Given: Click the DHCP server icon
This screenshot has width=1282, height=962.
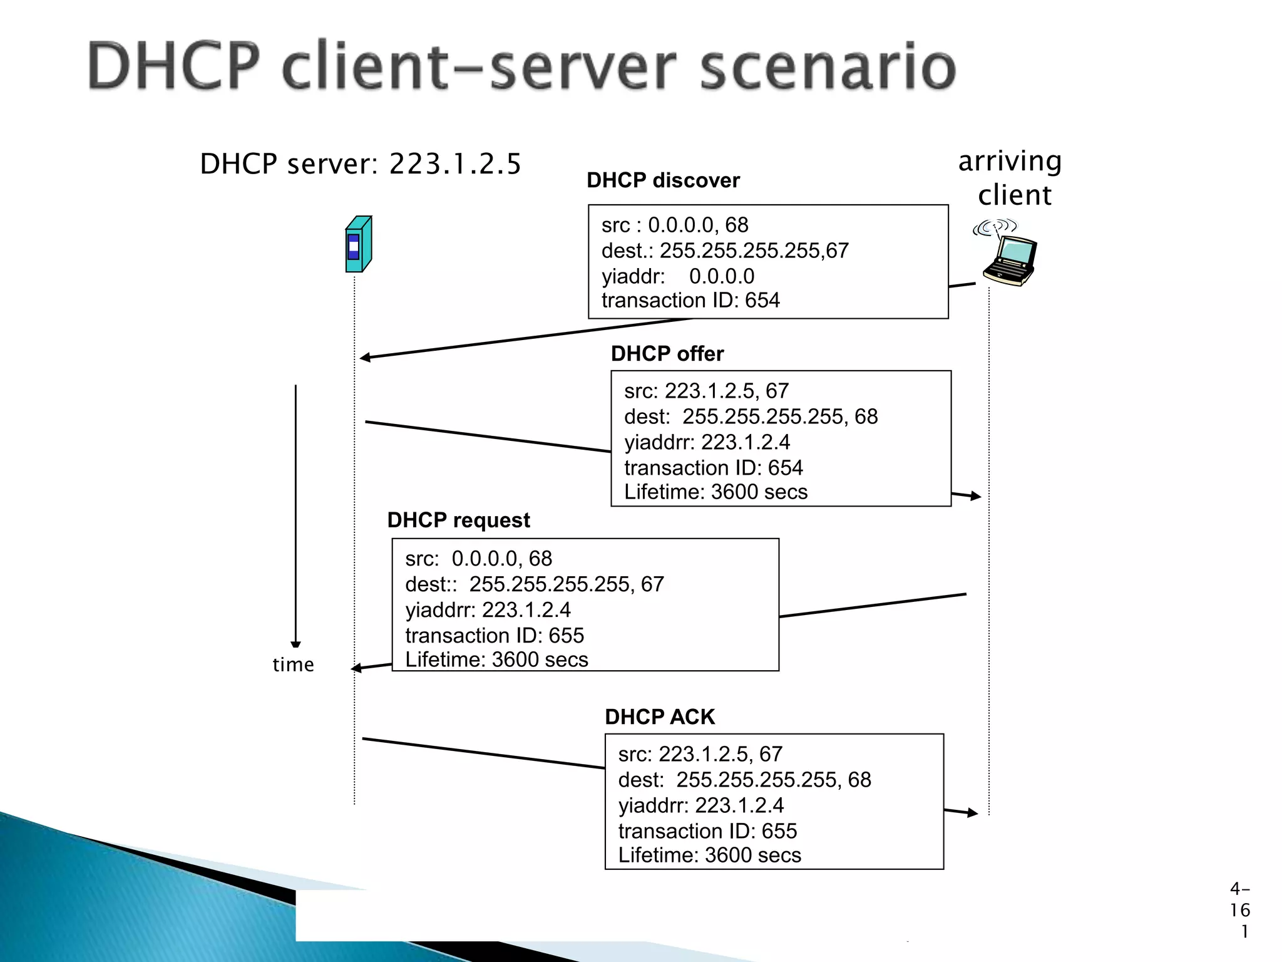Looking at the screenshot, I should tap(359, 244).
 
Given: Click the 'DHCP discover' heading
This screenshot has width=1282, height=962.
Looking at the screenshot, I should tap(663, 180).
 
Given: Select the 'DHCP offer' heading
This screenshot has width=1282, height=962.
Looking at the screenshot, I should tap(667, 354).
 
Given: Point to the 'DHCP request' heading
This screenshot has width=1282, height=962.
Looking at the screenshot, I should tap(458, 520).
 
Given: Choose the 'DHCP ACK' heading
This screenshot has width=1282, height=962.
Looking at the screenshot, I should tap(660, 717).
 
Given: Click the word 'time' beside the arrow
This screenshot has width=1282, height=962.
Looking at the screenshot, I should tap(293, 665).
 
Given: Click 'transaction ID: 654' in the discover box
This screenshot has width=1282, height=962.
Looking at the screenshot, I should tap(690, 301).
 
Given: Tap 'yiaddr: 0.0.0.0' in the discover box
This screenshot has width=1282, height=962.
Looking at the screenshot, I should tap(678, 276).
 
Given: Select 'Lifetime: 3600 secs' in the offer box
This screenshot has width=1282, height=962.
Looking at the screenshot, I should tap(715, 492).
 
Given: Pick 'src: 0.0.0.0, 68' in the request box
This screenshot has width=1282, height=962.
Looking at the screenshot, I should tap(478, 559).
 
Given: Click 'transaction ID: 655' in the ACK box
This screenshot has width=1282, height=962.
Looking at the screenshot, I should tap(707, 831).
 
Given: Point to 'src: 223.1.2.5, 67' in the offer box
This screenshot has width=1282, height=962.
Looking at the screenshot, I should tap(706, 391).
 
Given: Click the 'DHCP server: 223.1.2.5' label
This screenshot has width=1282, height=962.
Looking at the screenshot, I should tap(360, 164).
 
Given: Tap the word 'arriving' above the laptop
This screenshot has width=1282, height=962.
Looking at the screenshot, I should tap(1010, 162).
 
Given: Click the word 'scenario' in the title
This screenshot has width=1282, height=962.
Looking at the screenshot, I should tap(828, 68).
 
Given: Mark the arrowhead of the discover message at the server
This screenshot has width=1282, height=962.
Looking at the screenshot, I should tap(364, 358).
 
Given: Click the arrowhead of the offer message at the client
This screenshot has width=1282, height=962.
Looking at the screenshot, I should tap(976, 496).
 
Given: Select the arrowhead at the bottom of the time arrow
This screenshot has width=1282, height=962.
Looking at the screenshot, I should tap(296, 644).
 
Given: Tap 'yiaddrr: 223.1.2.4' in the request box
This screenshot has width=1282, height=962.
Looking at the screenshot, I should tap(488, 610).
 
